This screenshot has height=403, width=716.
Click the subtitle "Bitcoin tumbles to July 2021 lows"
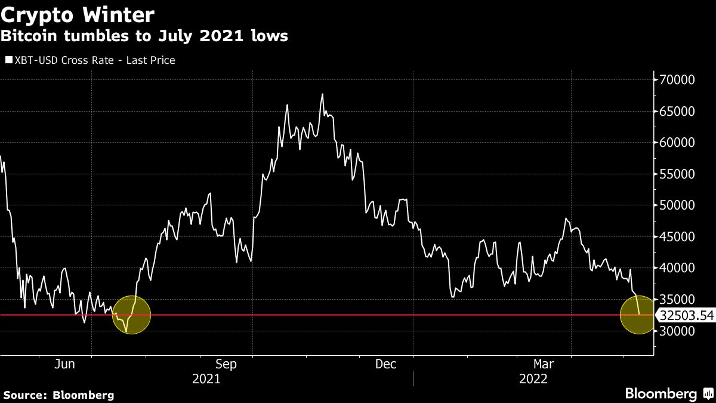(x=144, y=36)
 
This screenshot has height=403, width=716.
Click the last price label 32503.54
(x=685, y=315)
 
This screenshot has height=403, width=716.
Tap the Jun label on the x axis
(x=64, y=364)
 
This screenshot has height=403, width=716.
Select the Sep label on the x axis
(x=226, y=364)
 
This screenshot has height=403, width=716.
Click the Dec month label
(x=386, y=364)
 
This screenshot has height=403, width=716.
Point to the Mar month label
(x=544, y=364)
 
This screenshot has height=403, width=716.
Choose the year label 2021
(x=206, y=379)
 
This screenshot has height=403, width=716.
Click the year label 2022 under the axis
(x=533, y=379)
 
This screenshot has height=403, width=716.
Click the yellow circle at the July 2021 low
(x=131, y=315)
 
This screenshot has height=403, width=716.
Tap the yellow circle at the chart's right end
(x=639, y=315)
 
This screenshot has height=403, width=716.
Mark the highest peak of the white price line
(x=322, y=94)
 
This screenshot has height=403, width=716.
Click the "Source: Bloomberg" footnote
(x=58, y=395)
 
